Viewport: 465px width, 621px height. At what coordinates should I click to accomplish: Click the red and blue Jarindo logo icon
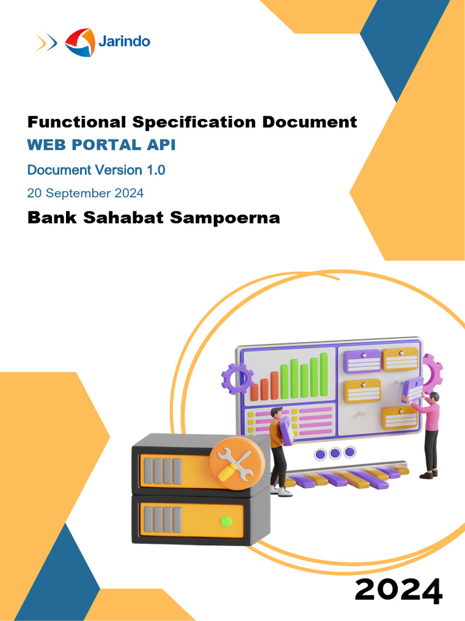tap(80, 42)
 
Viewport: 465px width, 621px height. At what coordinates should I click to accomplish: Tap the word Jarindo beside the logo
tap(124, 41)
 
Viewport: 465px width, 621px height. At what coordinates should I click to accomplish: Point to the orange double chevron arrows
tap(46, 42)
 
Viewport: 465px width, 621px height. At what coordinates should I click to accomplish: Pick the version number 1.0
tap(155, 170)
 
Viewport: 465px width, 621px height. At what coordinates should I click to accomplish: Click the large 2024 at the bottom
tap(398, 590)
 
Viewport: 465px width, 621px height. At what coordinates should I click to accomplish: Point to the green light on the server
tap(226, 520)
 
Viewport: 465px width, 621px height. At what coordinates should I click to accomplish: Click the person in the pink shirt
tap(429, 432)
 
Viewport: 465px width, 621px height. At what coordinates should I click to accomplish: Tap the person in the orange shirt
tap(278, 448)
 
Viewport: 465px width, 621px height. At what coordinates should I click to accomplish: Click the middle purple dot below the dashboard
tap(335, 453)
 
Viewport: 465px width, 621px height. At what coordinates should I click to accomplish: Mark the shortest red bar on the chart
tap(254, 391)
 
